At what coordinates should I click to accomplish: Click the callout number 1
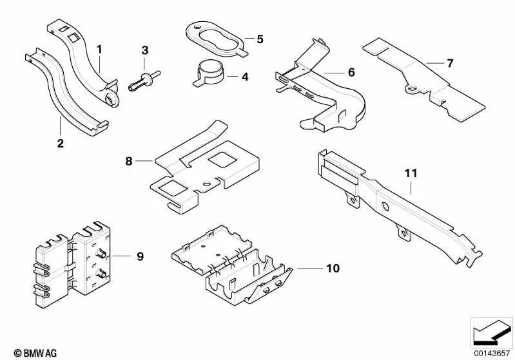[x=99, y=48]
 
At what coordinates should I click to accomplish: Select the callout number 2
[x=60, y=143]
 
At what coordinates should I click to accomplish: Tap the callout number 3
[x=144, y=50]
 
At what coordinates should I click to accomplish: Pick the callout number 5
[x=259, y=39]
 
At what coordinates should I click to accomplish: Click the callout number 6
[x=351, y=72]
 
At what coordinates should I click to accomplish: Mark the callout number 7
[x=449, y=63]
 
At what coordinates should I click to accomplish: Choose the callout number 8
[x=129, y=161]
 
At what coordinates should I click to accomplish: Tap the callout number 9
[x=140, y=256]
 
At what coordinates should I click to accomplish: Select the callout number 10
[x=333, y=267]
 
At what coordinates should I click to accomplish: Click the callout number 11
[x=411, y=173]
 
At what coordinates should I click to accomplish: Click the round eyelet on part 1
[x=112, y=99]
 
